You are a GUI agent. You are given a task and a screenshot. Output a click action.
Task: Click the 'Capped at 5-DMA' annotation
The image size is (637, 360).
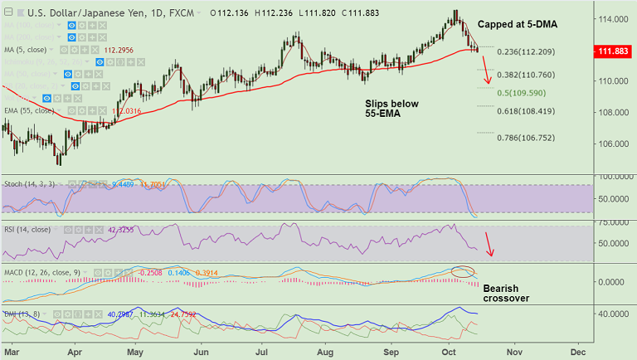(x=516, y=25)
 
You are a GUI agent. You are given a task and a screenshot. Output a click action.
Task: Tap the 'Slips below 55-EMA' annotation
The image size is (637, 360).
(x=392, y=110)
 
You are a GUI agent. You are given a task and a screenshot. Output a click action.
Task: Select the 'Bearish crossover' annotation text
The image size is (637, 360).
(x=505, y=293)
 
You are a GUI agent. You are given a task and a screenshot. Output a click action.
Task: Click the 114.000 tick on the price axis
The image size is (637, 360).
(x=615, y=19)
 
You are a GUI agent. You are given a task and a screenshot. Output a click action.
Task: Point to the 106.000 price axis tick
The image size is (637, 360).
(x=615, y=144)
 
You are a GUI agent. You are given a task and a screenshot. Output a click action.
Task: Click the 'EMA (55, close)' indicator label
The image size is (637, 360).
(x=30, y=110)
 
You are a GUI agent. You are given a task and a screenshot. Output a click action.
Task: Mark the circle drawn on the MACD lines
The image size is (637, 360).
(x=462, y=271)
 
